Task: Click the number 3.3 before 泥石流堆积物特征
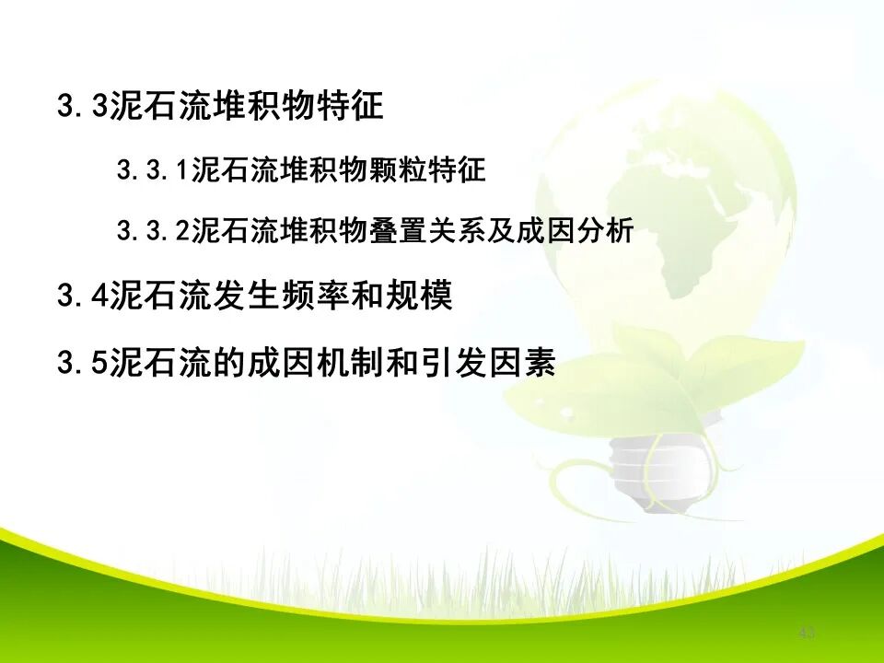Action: (83, 107)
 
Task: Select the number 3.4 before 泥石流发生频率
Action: (83, 297)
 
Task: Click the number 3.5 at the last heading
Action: (83, 364)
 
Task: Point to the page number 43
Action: (808, 633)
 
